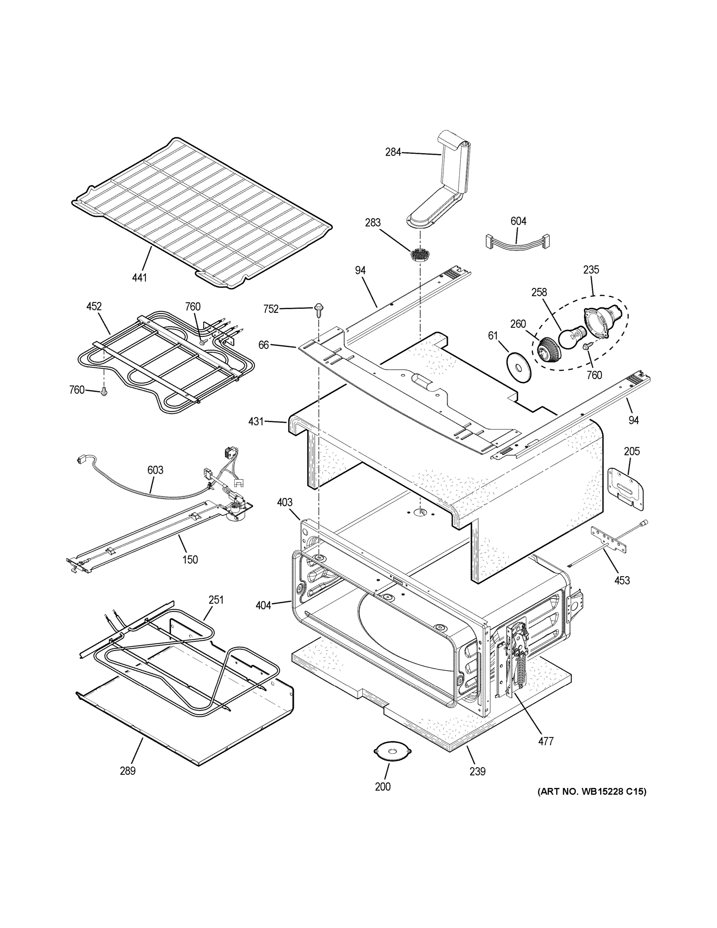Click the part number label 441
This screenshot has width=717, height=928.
(139, 278)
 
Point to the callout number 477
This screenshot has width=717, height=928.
(546, 742)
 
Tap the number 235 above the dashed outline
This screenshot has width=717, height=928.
(591, 270)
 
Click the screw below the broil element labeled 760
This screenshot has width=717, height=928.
(104, 392)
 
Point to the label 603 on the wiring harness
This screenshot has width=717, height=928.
(155, 470)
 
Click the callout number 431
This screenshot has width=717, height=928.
(256, 421)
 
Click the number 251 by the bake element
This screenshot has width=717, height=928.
(216, 600)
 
